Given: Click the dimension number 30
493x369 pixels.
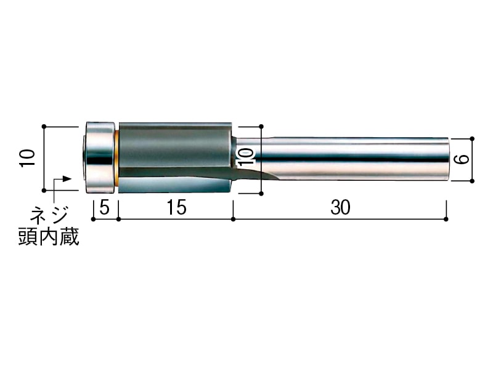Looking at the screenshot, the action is click(x=340, y=207).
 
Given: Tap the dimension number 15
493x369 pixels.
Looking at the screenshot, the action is click(x=176, y=207).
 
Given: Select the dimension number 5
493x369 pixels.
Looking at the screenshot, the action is click(x=104, y=207).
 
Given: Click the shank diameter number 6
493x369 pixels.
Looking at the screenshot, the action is click(x=462, y=159).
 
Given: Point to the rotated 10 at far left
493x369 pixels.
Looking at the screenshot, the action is click(x=27, y=158).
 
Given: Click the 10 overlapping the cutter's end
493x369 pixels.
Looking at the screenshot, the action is click(x=246, y=157).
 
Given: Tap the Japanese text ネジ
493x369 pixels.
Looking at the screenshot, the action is click(x=49, y=215).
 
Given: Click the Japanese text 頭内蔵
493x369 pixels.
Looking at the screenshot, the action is click(x=49, y=236).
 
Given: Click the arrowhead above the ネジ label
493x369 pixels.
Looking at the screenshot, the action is click(x=67, y=178).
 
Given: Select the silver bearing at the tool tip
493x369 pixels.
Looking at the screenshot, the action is click(x=99, y=157).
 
